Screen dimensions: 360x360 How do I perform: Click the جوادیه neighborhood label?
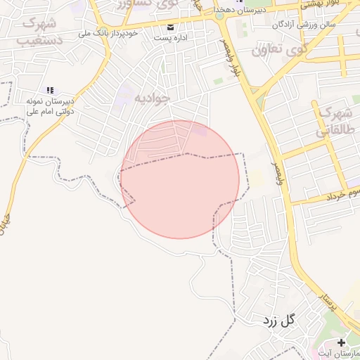coord(151,98)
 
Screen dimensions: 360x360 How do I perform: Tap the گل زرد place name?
coord(278,321)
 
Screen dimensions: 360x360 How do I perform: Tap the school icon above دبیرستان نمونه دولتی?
coord(49,90)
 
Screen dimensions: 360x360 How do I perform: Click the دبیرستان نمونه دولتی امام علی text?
coord(50,106)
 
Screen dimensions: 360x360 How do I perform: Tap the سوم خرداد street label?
coord(344,193)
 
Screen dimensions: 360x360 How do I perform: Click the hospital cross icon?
coord(341,342)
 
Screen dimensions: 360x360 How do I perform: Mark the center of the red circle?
coord(180,179)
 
